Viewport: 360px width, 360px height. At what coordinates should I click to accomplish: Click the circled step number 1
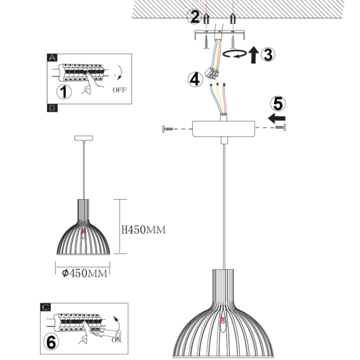click(x=64, y=91)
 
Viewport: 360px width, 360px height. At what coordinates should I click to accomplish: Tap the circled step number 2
click(x=195, y=17)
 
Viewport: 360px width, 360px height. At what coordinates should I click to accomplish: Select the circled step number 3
click(x=268, y=54)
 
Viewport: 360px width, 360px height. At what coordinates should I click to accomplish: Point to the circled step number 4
click(x=196, y=80)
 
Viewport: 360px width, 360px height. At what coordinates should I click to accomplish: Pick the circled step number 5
click(x=278, y=103)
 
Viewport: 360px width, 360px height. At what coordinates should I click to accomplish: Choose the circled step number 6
click(x=51, y=342)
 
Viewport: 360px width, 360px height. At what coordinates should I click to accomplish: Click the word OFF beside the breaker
click(x=119, y=90)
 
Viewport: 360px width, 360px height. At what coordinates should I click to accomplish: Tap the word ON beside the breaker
click(x=116, y=340)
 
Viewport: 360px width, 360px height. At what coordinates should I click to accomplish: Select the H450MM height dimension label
click(x=144, y=229)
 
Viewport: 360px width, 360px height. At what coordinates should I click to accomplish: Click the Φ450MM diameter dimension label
click(x=85, y=273)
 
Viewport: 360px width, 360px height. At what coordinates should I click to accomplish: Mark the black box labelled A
click(x=52, y=57)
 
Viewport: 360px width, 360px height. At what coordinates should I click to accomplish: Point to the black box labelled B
click(x=52, y=108)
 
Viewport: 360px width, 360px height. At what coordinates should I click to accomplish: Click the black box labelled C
click(x=45, y=307)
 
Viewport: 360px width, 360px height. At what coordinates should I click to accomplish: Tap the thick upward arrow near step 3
click(x=254, y=54)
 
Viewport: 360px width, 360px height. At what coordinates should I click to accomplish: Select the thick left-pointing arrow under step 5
click(x=277, y=118)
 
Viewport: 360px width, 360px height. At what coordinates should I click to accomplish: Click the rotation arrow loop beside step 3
click(x=235, y=54)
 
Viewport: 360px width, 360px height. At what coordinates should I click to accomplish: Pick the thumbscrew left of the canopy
click(x=167, y=129)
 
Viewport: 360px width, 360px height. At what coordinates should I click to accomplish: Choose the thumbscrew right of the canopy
click(x=280, y=127)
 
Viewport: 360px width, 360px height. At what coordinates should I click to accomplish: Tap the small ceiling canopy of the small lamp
click(x=84, y=138)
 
